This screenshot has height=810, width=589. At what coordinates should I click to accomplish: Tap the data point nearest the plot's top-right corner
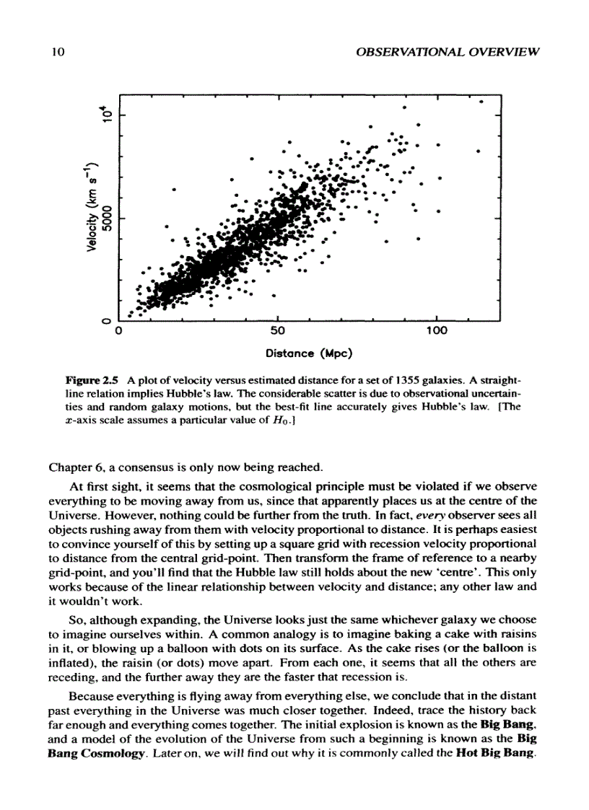click(481, 102)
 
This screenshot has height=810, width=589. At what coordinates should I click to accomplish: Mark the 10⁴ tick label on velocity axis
click(106, 113)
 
